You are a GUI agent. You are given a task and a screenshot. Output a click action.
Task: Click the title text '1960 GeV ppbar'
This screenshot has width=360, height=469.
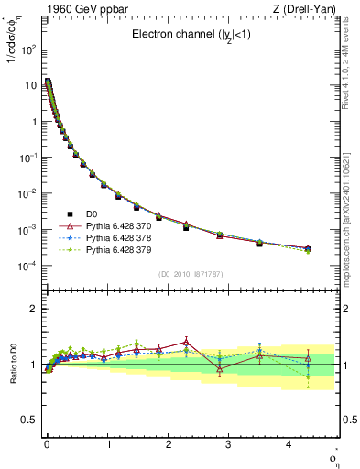[71, 10]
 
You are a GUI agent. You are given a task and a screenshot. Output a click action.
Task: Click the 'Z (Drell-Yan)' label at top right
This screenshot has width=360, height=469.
[306, 10]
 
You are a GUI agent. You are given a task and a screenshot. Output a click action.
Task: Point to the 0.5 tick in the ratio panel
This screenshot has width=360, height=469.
[29, 420]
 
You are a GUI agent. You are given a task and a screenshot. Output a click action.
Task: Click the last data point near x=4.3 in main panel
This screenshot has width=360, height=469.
[308, 248]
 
